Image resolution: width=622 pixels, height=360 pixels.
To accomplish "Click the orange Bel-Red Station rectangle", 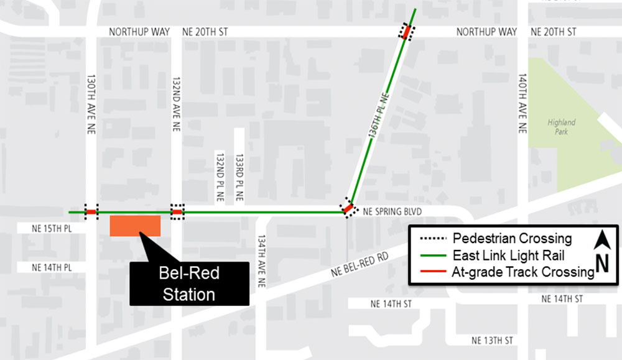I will [135, 226].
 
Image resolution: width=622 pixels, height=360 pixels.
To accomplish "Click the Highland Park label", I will [561, 126].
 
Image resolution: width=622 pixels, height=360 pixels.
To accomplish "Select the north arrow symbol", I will [601, 252].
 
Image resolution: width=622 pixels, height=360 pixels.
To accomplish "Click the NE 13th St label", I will [492, 340].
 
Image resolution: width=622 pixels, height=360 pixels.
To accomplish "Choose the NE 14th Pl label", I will [53, 267].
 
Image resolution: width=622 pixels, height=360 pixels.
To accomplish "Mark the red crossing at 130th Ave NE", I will [91, 212].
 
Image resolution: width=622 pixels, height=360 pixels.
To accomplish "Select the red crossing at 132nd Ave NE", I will [177, 212].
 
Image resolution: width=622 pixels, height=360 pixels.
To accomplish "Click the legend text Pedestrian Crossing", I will [512, 238].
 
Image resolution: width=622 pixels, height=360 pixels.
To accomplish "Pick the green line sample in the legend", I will [432, 255].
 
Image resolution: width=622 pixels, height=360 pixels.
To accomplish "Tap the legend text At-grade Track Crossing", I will [522, 272].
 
